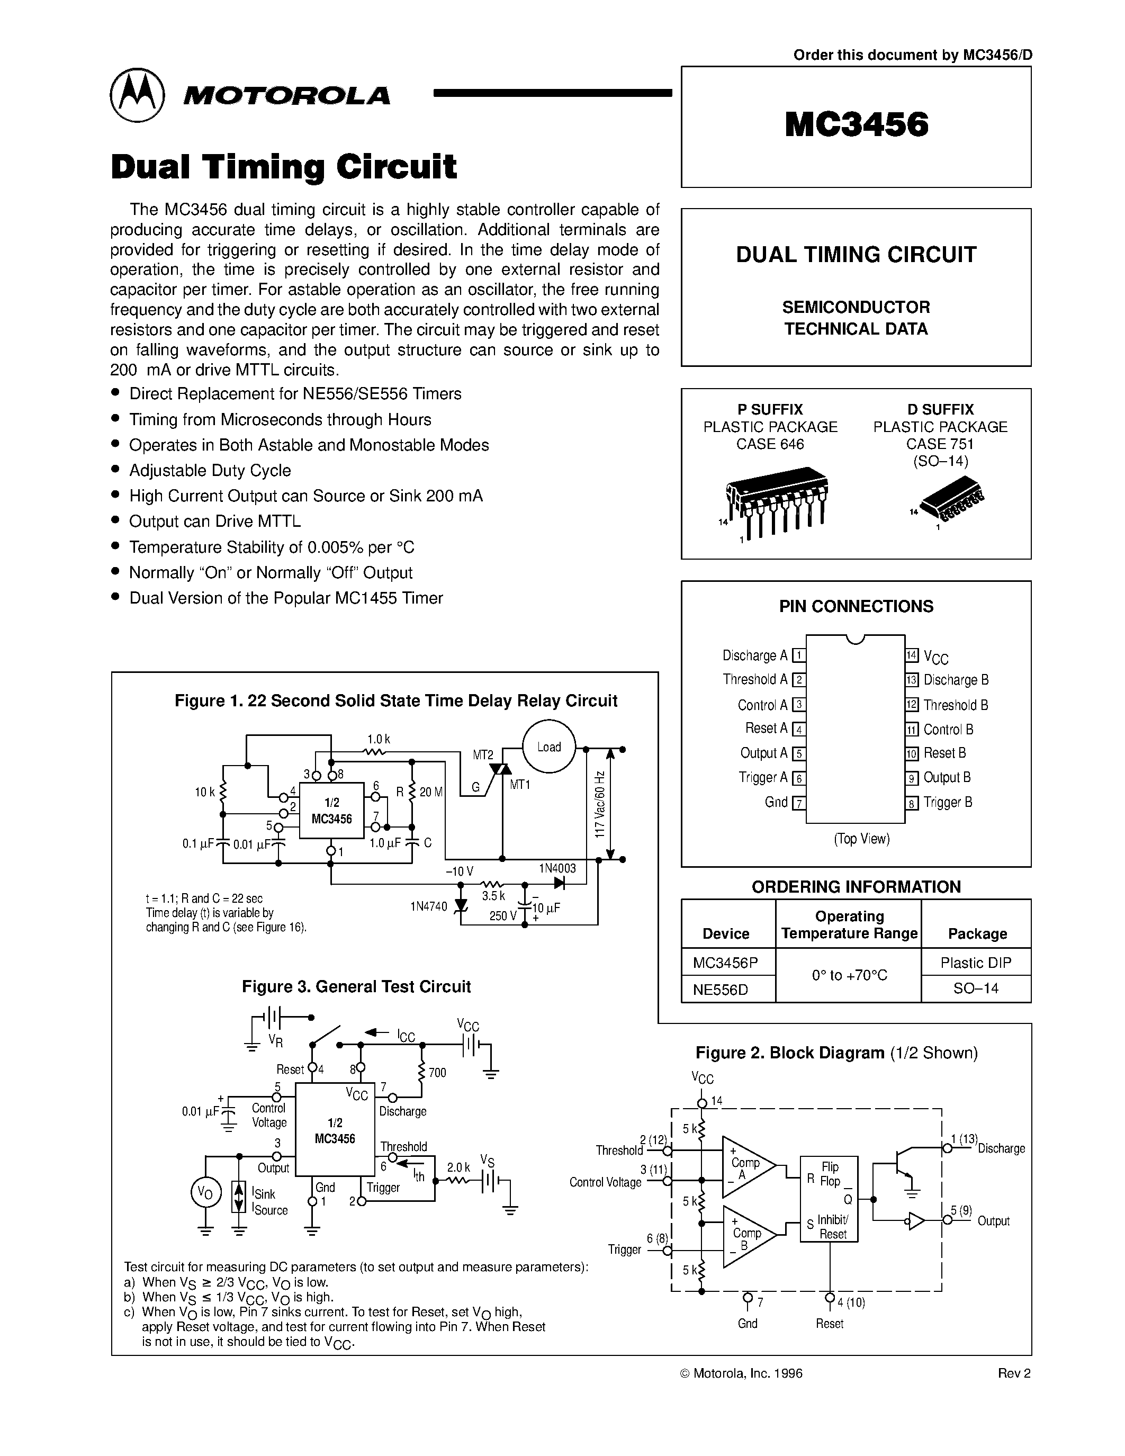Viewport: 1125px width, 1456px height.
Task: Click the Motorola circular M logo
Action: pyautogui.click(x=137, y=95)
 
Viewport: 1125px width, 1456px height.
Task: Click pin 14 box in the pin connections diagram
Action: pyautogui.click(x=912, y=655)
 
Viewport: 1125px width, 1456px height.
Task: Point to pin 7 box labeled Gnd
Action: pyautogui.click(x=798, y=803)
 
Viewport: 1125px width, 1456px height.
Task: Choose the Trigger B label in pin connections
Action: pyautogui.click(x=947, y=803)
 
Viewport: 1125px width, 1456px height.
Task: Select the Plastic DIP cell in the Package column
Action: pyautogui.click(x=976, y=963)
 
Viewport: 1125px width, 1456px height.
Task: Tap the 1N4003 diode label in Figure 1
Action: pyautogui.click(x=557, y=868)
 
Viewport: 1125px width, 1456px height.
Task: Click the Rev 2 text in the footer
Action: pyautogui.click(x=1014, y=1373)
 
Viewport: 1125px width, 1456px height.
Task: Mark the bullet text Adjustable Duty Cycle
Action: pyautogui.click(x=210, y=471)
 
